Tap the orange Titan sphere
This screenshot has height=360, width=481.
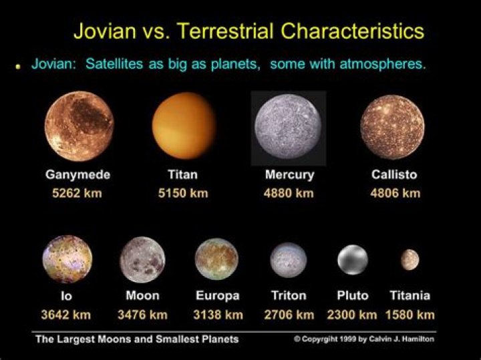184,126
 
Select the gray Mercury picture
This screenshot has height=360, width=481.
288,127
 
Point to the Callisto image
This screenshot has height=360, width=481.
392,126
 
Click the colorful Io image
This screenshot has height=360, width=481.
66,259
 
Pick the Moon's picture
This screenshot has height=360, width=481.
142,260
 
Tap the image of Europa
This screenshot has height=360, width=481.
216,259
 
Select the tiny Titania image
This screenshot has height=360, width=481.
410,260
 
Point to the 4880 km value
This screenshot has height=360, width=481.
289,194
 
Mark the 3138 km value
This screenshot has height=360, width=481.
218,314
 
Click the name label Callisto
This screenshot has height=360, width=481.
393,175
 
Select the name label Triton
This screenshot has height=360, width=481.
289,295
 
